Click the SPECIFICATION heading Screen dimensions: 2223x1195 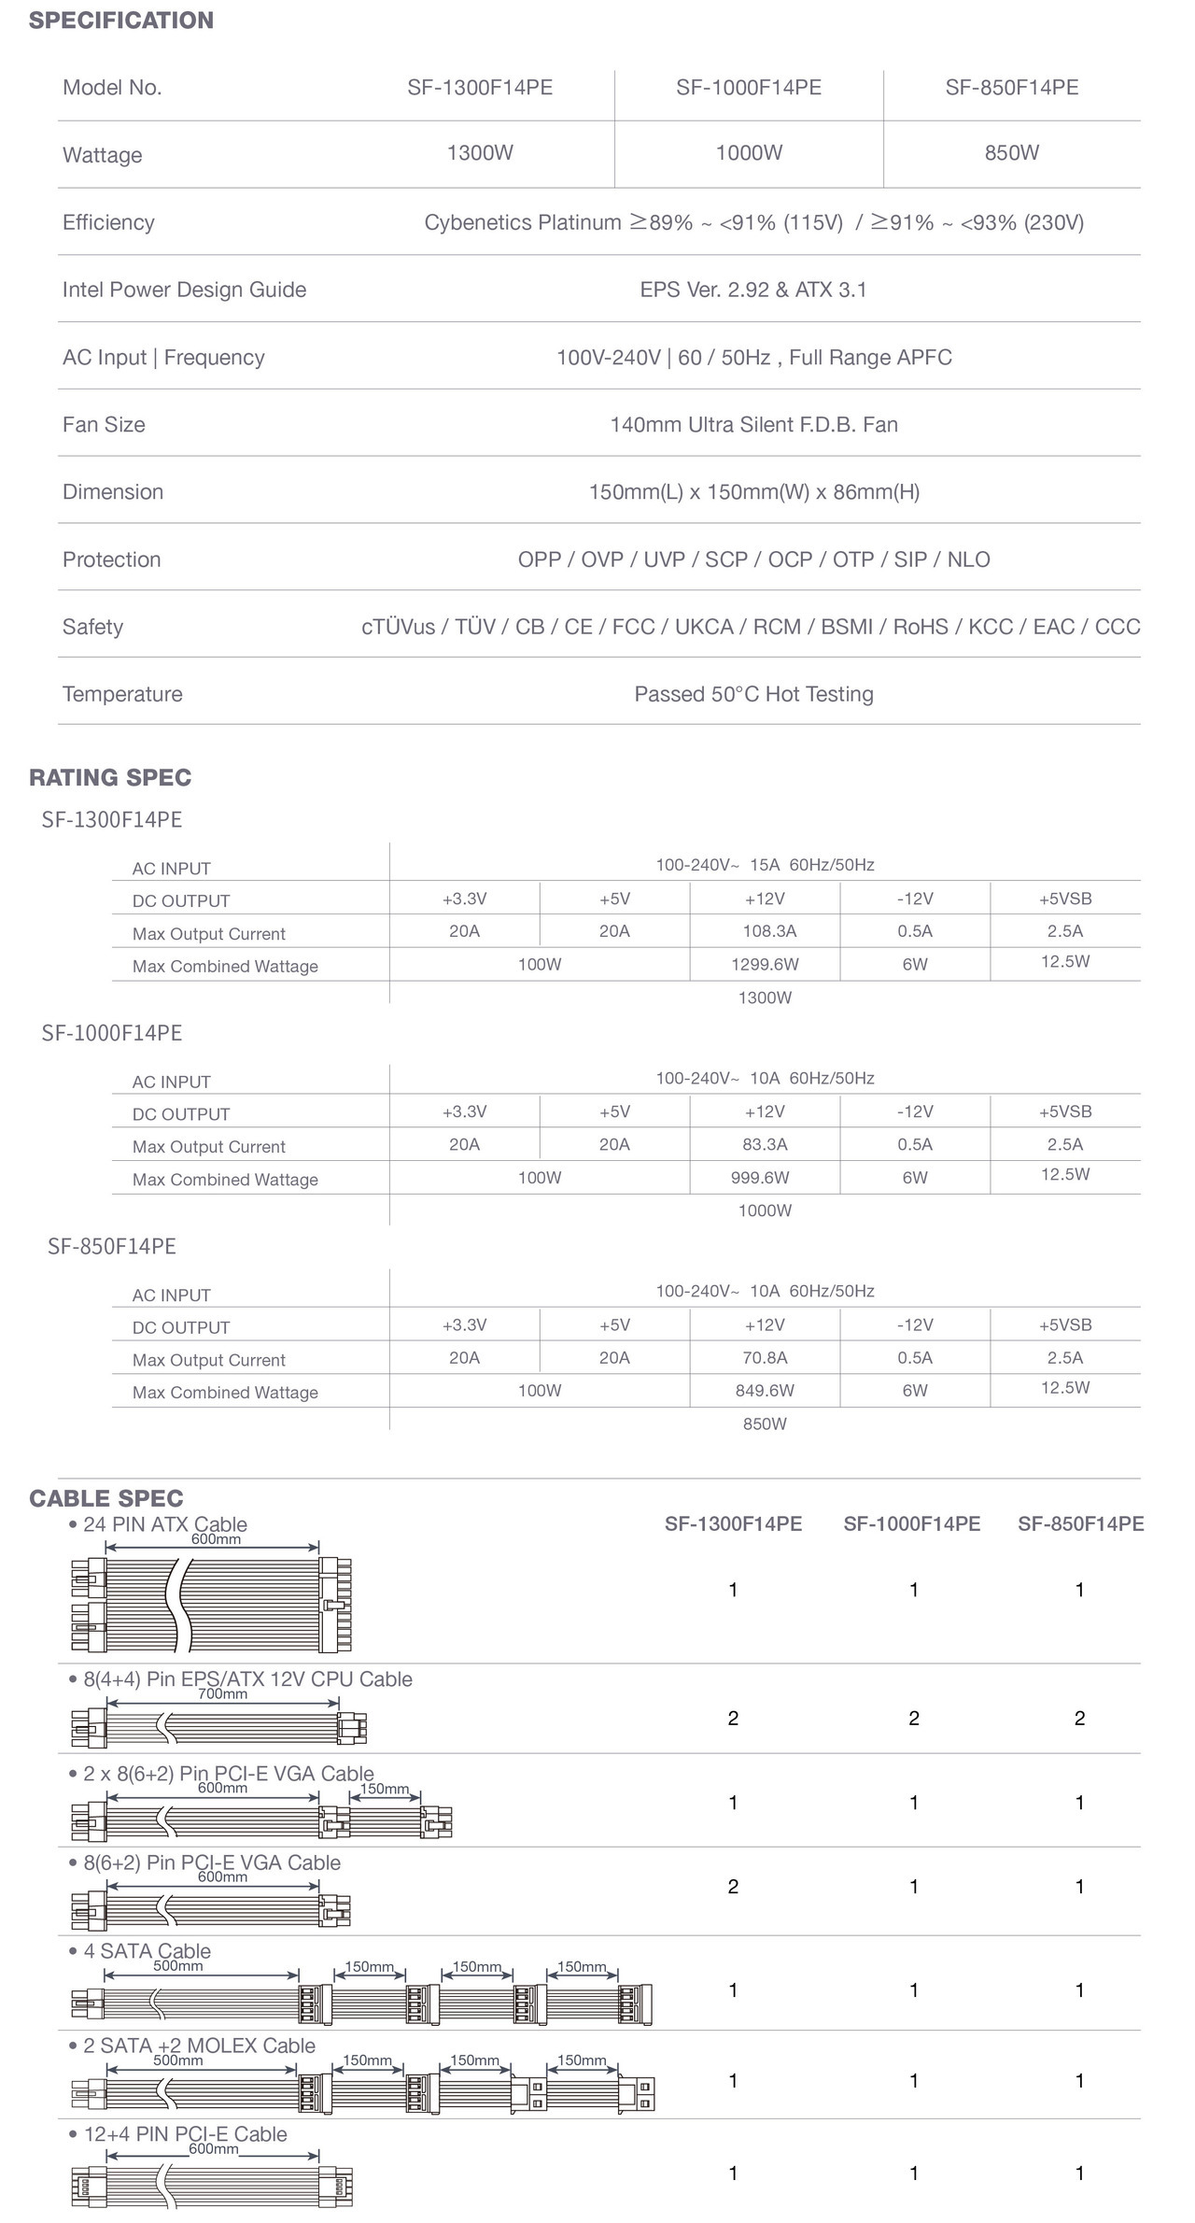[x=121, y=21]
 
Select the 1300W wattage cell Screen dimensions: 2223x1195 [x=480, y=153]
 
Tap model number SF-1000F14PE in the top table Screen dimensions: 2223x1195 [x=749, y=88]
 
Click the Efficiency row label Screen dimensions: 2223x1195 [x=108, y=222]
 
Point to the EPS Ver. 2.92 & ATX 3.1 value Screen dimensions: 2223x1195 [x=753, y=290]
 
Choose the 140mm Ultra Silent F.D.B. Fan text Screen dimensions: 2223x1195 [x=753, y=425]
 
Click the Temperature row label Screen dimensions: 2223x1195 [x=122, y=694]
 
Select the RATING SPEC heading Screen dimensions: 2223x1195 [x=110, y=777]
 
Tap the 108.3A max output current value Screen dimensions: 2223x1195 [x=769, y=931]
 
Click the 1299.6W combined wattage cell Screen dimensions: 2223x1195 [x=765, y=964]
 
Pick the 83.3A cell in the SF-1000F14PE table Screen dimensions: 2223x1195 [x=765, y=1144]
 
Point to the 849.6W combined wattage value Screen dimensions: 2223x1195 [x=765, y=1391]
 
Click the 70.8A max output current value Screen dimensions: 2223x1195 [x=765, y=1358]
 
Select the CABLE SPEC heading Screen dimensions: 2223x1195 [x=106, y=1498]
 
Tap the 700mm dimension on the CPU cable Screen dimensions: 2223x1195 [x=222, y=1694]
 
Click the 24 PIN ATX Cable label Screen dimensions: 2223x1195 [x=165, y=1524]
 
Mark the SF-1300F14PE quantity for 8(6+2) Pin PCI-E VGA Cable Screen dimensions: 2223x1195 [x=733, y=1887]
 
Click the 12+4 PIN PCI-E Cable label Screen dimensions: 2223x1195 [x=185, y=2134]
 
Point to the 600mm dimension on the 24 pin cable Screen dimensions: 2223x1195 [x=216, y=1539]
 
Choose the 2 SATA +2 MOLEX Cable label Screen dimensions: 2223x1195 [x=199, y=2046]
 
